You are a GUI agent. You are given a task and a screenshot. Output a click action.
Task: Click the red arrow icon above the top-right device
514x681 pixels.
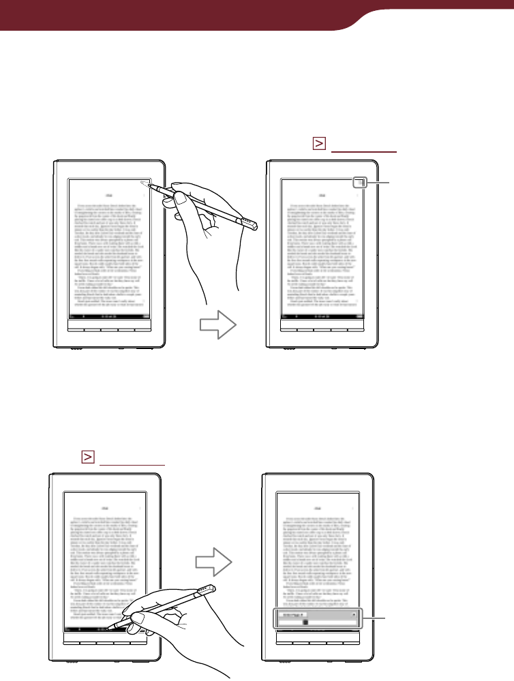click(x=318, y=144)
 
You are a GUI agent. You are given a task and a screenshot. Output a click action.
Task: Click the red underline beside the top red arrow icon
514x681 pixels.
click(x=362, y=151)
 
